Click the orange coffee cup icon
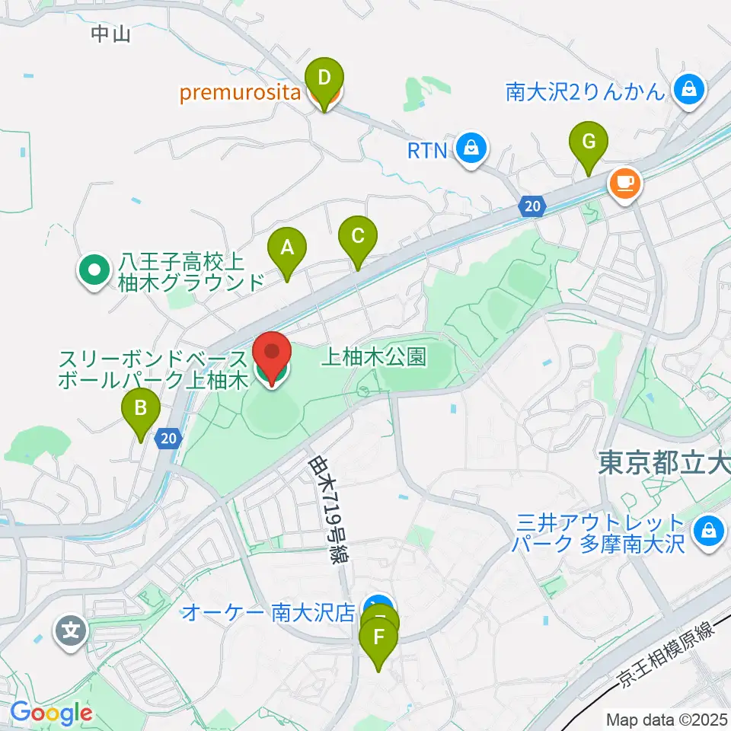tap(624, 183)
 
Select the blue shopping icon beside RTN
tap(472, 148)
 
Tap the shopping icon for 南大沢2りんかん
tap(689, 91)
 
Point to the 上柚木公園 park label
tap(375, 356)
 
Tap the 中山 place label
tap(111, 34)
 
